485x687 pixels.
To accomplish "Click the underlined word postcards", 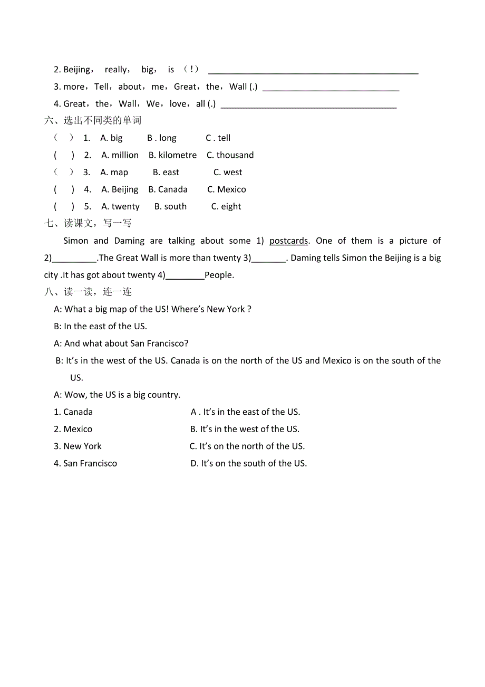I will click(288, 241).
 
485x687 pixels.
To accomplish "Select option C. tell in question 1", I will click(218, 138).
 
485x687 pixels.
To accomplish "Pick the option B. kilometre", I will click(172, 155).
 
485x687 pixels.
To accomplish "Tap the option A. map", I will click(114, 173).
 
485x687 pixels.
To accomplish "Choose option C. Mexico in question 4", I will click(226, 189).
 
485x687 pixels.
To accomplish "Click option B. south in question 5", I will click(170, 207).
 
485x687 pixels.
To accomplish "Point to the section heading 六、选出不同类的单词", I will click(93, 121).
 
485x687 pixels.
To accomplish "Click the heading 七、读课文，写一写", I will click(88, 223).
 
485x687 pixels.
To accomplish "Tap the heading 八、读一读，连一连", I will click(88, 292).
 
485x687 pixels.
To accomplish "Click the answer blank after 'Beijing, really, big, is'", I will click(313, 70).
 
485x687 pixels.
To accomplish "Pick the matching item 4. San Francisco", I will click(85, 463).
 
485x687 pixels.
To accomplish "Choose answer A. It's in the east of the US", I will click(246, 412).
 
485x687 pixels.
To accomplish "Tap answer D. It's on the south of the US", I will click(248, 463).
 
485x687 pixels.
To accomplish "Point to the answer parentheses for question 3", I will click(64, 173).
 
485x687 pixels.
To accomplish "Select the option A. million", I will click(120, 155).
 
